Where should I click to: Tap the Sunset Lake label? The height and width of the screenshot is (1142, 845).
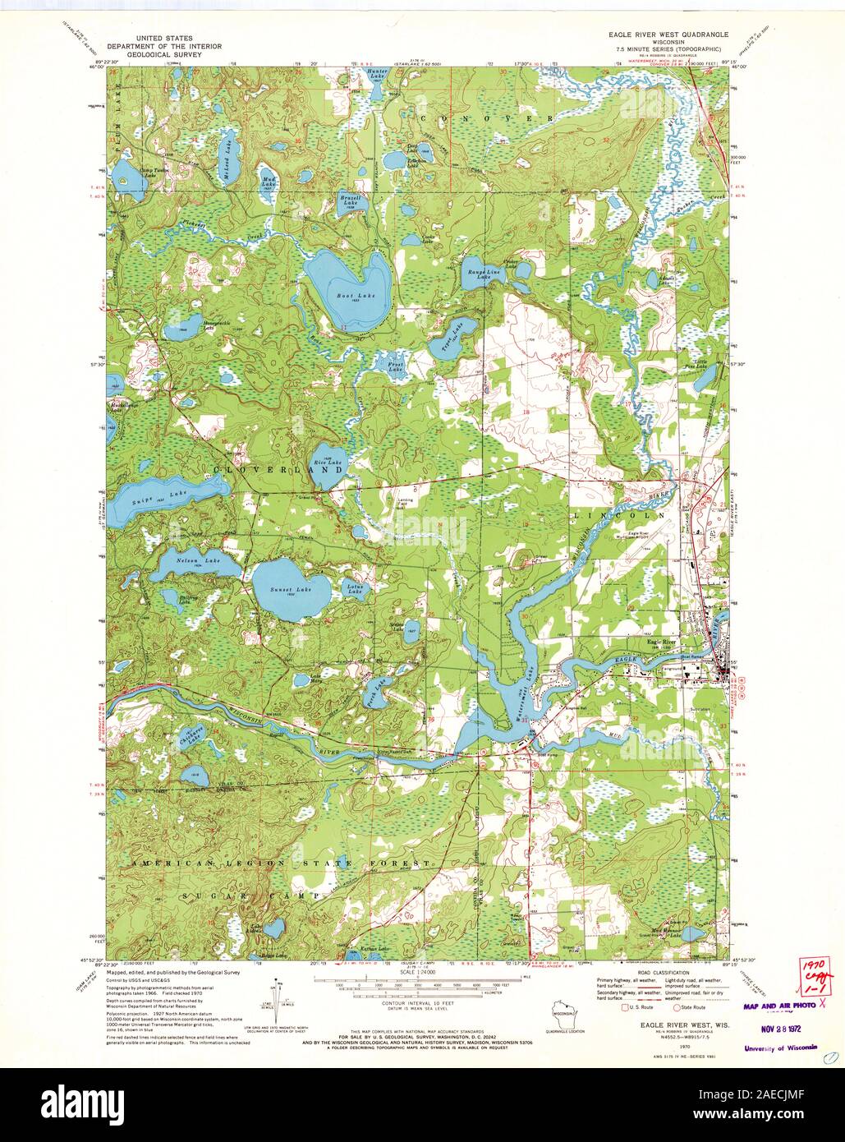coord(292,592)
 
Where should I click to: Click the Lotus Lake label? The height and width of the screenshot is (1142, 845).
coord(355,589)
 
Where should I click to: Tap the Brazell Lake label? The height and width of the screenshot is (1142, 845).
coord(351,200)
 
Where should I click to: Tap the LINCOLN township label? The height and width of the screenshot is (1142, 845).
coord(618,515)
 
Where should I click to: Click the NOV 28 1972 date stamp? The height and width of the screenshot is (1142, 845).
coord(781,1026)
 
